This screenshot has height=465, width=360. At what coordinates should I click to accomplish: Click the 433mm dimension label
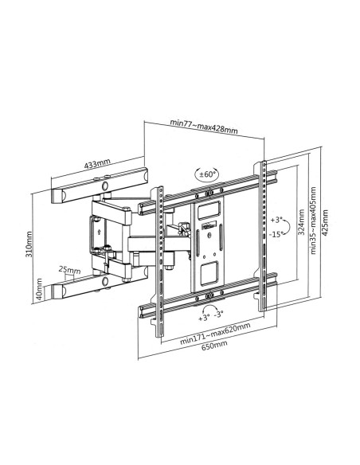[97, 164]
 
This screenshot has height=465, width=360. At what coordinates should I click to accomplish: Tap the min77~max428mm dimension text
[204, 127]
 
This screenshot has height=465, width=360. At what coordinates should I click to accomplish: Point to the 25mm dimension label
[69, 270]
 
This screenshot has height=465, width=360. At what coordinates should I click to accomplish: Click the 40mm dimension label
[39, 289]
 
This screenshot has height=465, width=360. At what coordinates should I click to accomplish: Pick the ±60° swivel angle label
[207, 174]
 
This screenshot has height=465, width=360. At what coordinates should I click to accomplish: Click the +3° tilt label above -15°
[276, 220]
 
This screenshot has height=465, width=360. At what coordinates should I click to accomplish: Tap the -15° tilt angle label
[276, 234]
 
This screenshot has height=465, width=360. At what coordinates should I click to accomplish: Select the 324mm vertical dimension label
[301, 222]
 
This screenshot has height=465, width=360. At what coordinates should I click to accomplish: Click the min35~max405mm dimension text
[313, 221]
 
